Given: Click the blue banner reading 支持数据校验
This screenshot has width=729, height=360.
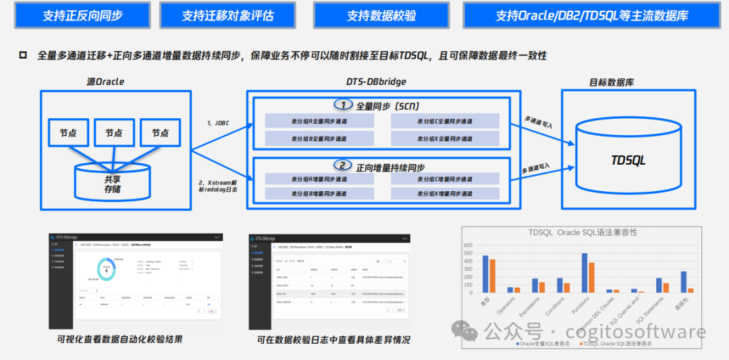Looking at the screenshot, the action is [382, 16].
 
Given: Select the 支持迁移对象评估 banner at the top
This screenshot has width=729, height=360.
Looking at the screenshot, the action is [227, 16].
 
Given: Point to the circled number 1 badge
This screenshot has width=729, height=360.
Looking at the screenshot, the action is [344, 105].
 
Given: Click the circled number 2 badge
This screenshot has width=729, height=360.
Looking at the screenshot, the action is [344, 166].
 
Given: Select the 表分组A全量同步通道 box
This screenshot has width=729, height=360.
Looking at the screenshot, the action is [319, 122].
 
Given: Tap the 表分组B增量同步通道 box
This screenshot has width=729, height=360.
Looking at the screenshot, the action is [319, 194].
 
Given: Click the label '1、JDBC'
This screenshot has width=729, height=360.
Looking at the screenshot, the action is [217, 124].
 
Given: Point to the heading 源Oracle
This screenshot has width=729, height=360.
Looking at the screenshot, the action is [105, 82].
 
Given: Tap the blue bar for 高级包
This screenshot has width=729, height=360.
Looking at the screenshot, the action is [683, 282].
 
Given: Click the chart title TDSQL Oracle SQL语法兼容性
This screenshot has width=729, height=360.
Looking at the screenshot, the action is [583, 232].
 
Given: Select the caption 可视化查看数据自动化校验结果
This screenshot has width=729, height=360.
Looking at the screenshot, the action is [120, 339].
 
